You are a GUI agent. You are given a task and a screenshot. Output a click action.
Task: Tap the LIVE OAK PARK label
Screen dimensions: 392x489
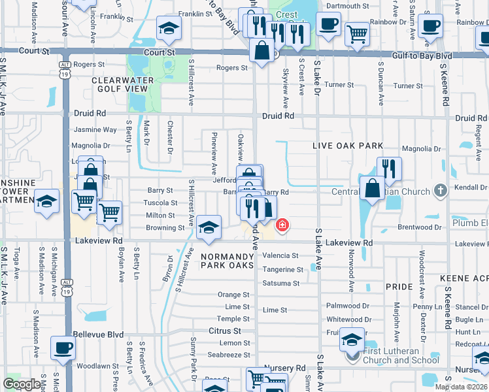tap(346, 145)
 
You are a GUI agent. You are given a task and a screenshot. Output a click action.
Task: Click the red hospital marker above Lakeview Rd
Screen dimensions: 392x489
tap(282, 225)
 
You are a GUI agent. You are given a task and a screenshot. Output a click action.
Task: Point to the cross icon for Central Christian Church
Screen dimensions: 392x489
tap(441, 191)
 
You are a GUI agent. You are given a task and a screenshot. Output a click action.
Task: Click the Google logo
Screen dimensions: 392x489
tap(22, 384)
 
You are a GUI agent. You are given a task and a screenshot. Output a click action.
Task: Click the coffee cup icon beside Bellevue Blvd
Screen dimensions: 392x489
tap(63, 347)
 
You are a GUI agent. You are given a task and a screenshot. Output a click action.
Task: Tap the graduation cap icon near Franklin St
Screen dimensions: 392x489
tap(169, 28)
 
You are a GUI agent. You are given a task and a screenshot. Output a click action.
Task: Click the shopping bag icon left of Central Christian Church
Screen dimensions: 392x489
tap(372, 188)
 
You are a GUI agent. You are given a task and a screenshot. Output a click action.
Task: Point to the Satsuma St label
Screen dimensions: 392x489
tap(281, 283)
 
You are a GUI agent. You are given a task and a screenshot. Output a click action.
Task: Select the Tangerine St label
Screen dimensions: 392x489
tap(282, 269)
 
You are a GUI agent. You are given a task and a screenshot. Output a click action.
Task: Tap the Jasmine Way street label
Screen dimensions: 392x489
tap(95, 130)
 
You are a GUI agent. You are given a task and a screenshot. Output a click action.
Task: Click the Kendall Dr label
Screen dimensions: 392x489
tap(473, 187)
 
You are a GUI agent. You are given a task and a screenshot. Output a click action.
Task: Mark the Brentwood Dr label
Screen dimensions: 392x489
tap(418, 228)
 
